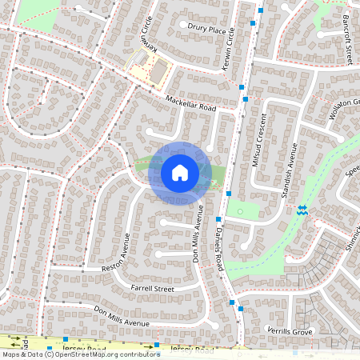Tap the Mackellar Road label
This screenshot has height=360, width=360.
(x=191, y=103)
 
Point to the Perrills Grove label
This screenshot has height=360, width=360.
(x=289, y=330)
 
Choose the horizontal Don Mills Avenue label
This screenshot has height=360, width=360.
(x=121, y=315)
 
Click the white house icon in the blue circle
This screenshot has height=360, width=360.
(x=180, y=173)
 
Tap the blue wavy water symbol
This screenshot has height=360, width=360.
(x=302, y=210)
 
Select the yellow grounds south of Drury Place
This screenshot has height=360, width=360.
(x=148, y=68)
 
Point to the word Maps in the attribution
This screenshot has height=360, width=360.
(x=10, y=354)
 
